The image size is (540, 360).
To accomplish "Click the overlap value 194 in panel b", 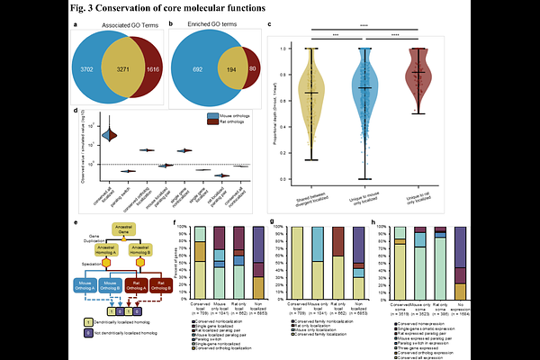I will pos(235,68).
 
